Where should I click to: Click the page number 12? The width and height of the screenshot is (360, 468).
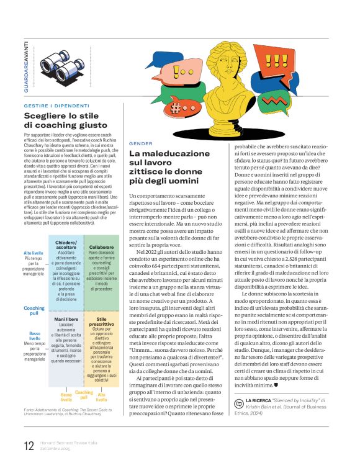[28, 446]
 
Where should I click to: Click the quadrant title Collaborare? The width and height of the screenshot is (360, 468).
[101, 246]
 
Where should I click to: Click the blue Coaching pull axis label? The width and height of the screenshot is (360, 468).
[34, 311]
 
